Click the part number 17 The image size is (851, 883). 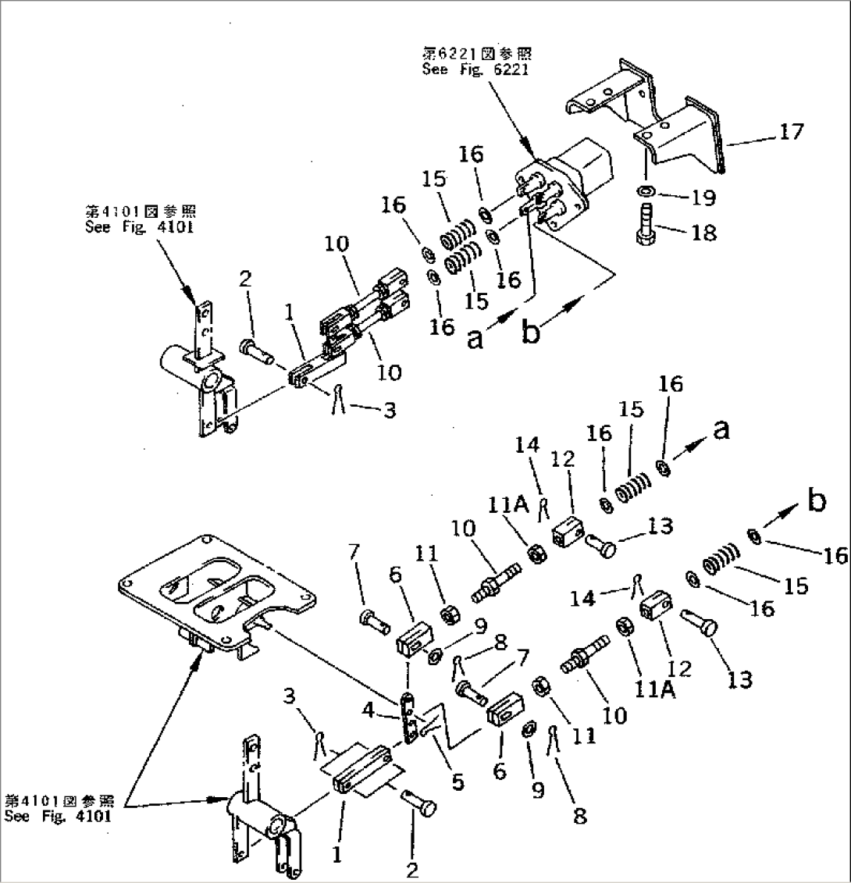[790, 131]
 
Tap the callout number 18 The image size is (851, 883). [703, 233]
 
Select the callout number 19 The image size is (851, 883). [703, 198]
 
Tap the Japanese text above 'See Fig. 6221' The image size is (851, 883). [477, 54]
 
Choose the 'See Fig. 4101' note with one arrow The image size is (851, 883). [140, 219]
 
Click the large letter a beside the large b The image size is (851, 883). [475, 338]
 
